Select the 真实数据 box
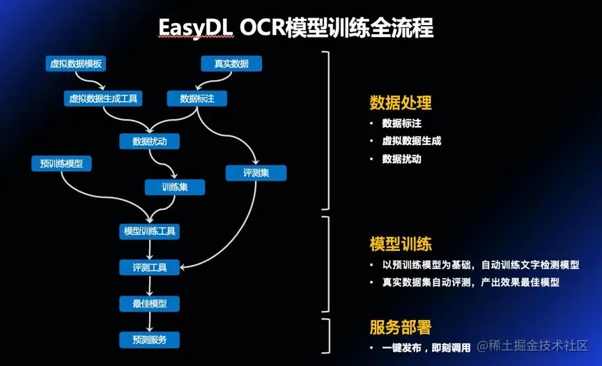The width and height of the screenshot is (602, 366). click(x=231, y=64)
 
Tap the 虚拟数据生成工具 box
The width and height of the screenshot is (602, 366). click(x=103, y=99)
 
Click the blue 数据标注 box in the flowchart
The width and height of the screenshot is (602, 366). click(x=196, y=99)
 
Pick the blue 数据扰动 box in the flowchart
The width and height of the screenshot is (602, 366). click(x=149, y=142)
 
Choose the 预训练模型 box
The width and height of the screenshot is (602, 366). click(x=61, y=164)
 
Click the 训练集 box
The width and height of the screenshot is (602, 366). click(x=174, y=187)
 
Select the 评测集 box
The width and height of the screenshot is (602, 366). click(x=256, y=173)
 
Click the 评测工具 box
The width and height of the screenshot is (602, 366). click(x=149, y=267)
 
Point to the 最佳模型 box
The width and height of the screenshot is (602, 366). click(x=149, y=304)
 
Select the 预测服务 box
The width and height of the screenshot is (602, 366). click(x=149, y=340)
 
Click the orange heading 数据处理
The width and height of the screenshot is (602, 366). click(x=401, y=103)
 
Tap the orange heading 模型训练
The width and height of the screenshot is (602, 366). click(x=401, y=244)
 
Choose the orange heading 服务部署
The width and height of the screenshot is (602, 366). click(x=401, y=328)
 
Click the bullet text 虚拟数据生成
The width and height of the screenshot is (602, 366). click(x=411, y=141)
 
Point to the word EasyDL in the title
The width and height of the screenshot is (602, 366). click(x=195, y=28)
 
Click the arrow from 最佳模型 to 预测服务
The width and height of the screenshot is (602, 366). click(x=149, y=322)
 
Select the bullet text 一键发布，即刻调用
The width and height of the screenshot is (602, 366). click(x=426, y=347)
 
